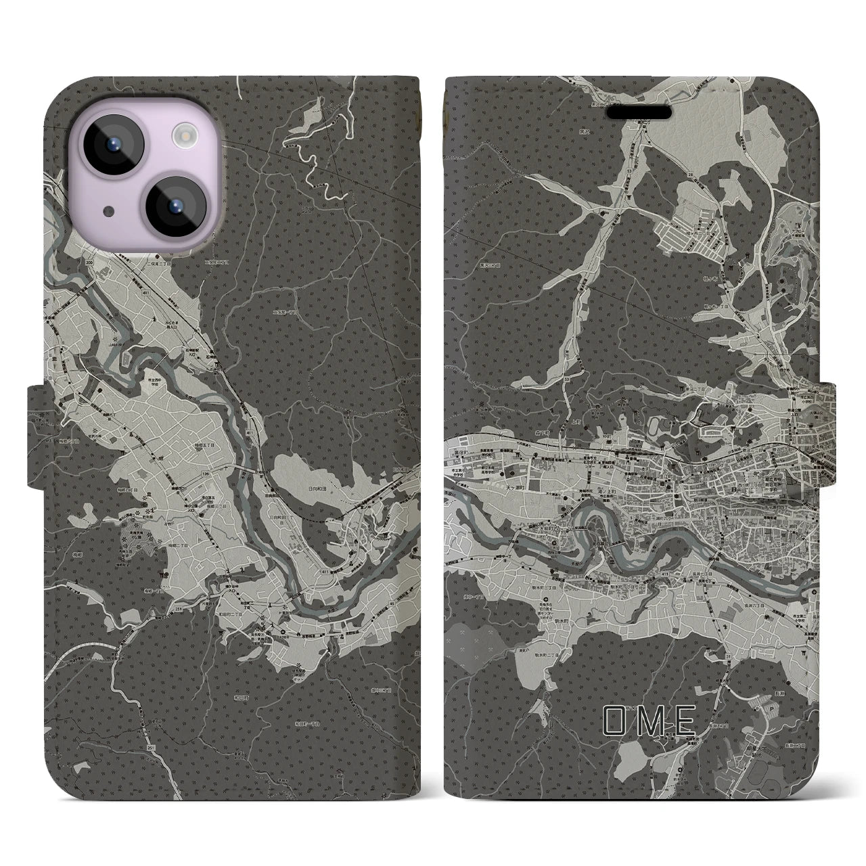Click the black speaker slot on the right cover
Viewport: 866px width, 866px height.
coord(643,111)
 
